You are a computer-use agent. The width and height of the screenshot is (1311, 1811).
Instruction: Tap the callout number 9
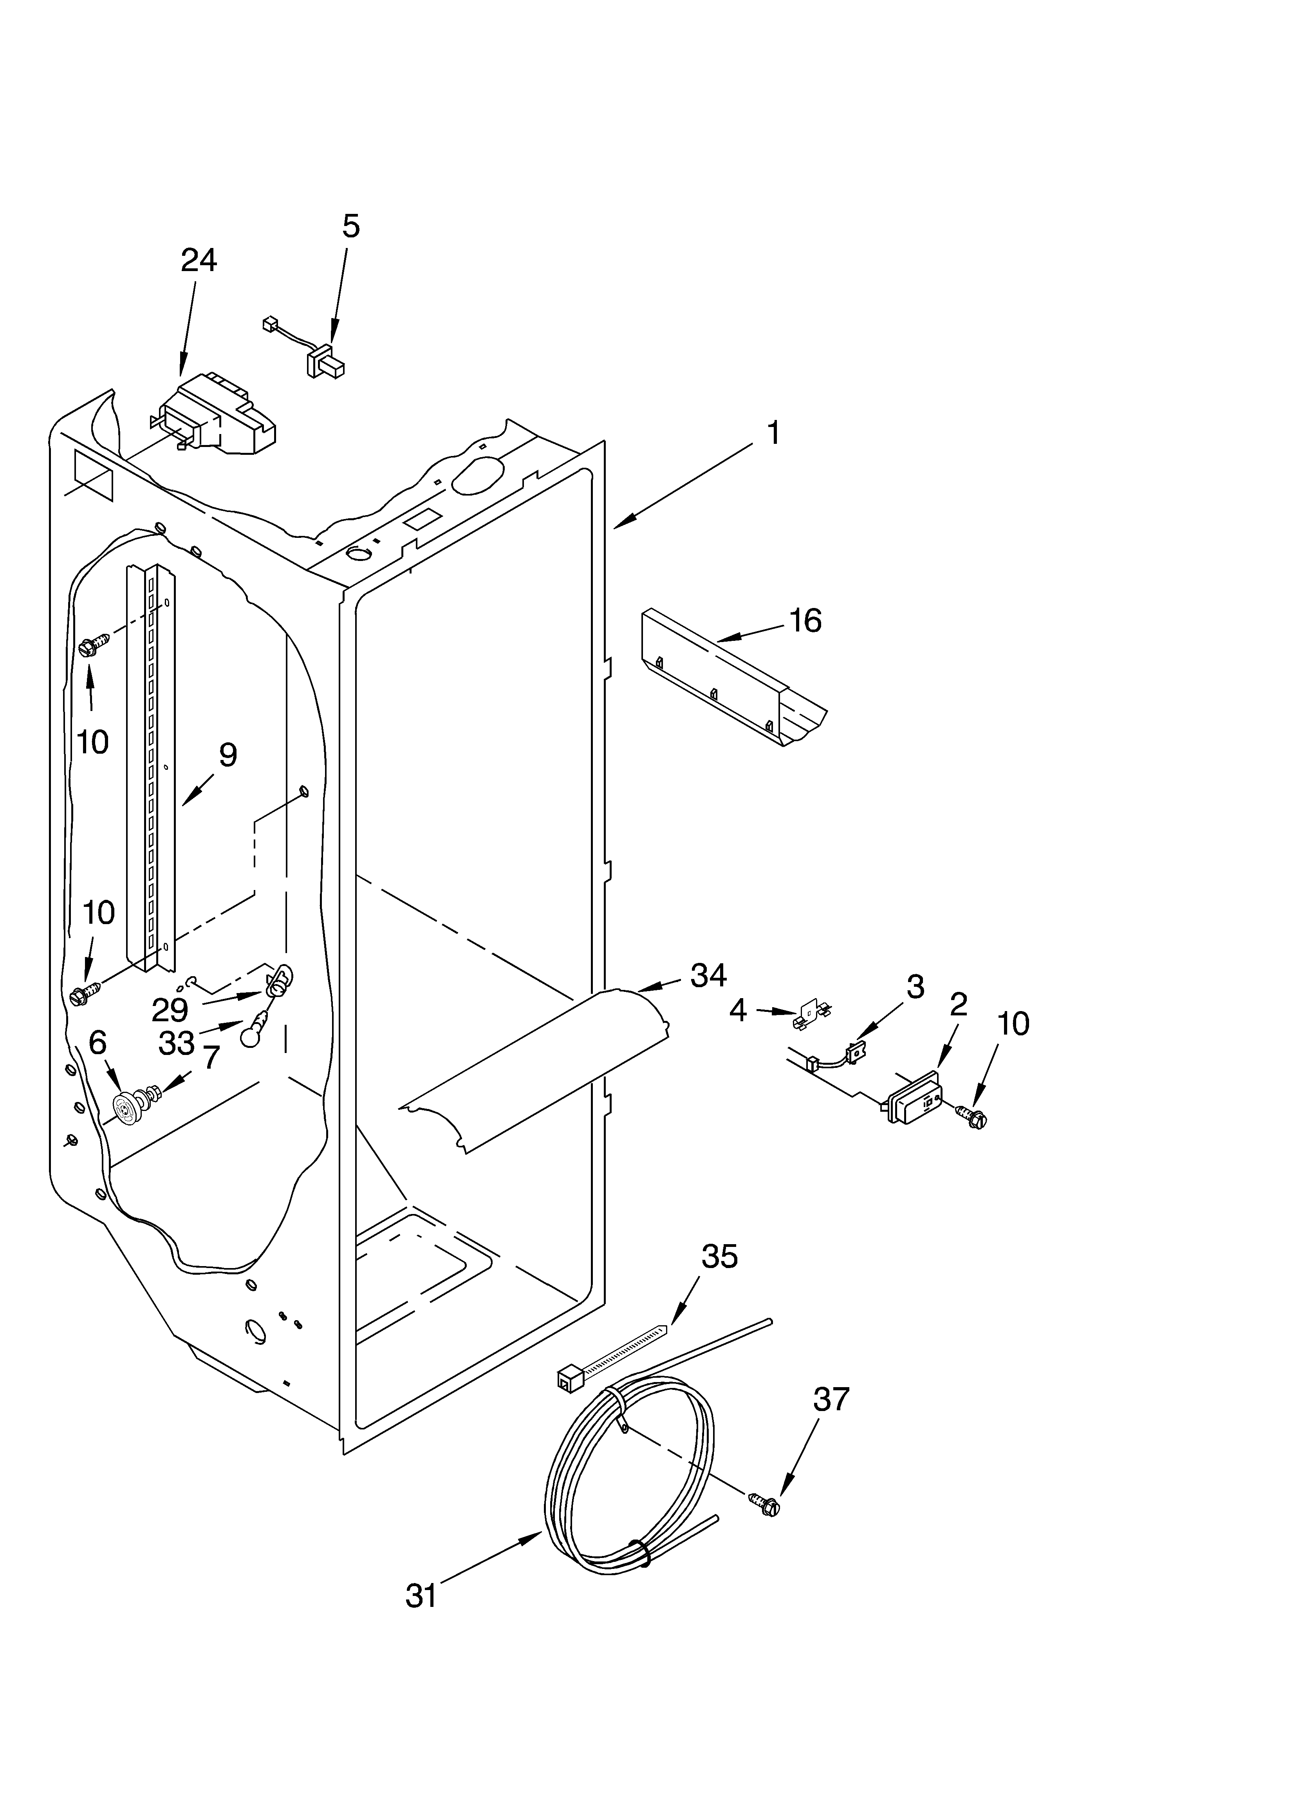228,754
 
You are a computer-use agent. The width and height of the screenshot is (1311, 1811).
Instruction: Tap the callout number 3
915,987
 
